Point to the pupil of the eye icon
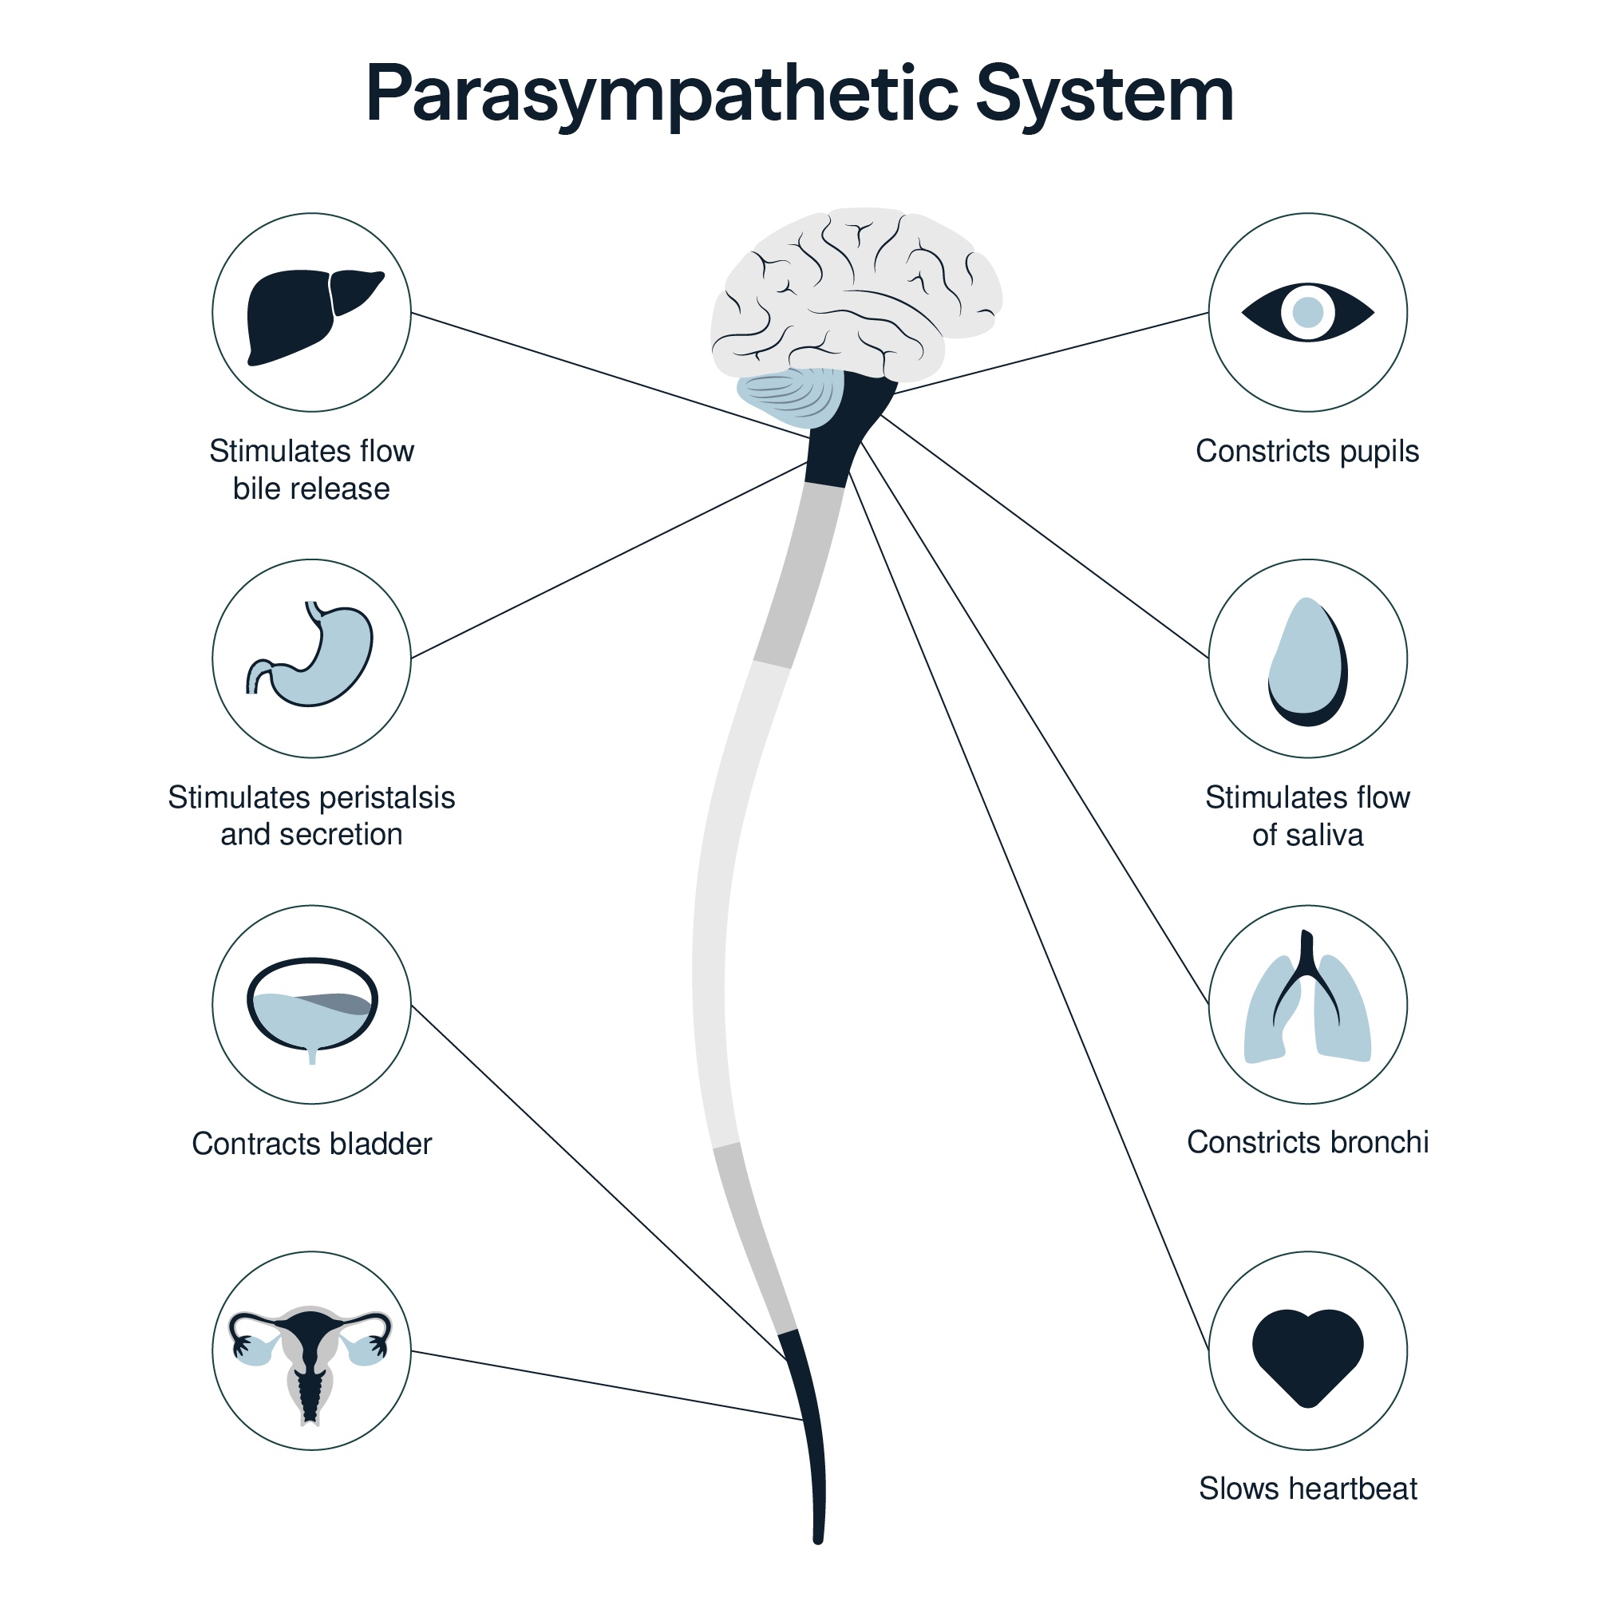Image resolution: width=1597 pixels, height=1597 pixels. pyautogui.click(x=1307, y=313)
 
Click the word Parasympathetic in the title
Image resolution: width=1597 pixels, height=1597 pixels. pyautogui.click(x=662, y=95)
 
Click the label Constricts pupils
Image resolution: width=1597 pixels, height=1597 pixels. pyautogui.click(x=1306, y=452)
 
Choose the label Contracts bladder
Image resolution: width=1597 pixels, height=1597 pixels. pyautogui.click(x=311, y=1144)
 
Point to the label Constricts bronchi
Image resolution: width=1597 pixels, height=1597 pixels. pyautogui.click(x=1307, y=1142)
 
